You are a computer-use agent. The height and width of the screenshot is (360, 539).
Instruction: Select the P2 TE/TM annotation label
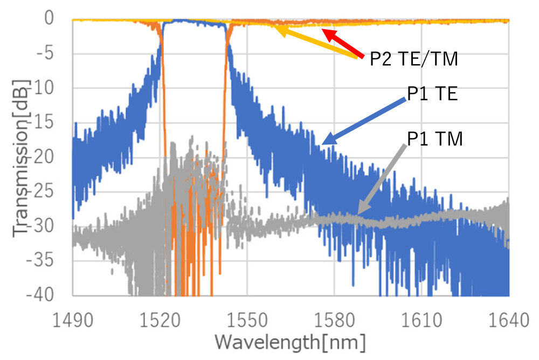413,59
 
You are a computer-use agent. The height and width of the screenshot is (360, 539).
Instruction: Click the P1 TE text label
432,95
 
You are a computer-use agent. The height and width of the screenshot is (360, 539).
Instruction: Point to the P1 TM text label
434,140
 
